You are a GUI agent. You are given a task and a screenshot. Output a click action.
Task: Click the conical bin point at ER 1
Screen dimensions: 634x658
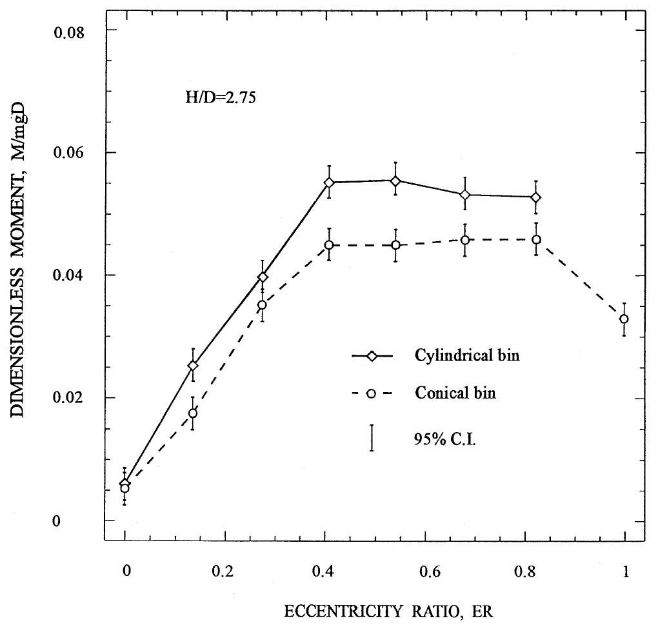624,319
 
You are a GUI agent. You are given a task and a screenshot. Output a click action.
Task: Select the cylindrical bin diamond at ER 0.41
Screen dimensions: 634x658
329,183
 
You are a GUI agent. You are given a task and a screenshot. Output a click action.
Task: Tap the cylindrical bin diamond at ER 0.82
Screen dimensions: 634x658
536,197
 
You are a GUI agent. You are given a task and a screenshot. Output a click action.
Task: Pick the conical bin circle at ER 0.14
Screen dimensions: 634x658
192,413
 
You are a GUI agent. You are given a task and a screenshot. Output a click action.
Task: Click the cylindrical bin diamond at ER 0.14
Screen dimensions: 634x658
192,366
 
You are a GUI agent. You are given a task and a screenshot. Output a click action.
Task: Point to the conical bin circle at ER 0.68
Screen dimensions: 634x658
464,240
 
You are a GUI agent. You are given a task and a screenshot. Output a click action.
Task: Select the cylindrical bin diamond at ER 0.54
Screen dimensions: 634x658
395,181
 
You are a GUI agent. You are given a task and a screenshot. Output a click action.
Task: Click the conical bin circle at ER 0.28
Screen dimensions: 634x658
262,305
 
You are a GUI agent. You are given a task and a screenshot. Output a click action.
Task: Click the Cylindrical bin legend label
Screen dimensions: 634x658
467,357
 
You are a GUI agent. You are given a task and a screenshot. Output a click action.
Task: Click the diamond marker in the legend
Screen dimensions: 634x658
372,357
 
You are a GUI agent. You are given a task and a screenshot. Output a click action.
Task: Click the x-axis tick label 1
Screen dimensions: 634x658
624,571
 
